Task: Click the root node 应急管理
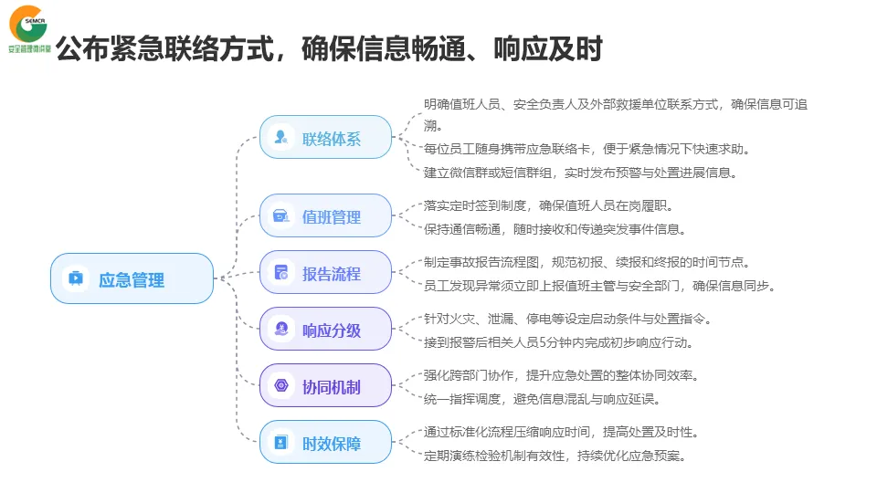pyautogui.click(x=132, y=278)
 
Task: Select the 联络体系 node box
pyautogui.click(x=325, y=138)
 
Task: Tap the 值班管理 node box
pyautogui.click(x=325, y=216)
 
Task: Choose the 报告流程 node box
pyautogui.click(x=325, y=273)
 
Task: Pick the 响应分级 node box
pyautogui.click(x=325, y=330)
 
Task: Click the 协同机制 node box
pyautogui.click(x=325, y=386)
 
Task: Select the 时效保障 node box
pyautogui.click(x=325, y=443)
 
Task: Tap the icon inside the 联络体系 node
pyautogui.click(x=281, y=138)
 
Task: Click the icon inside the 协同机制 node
pyautogui.click(x=281, y=386)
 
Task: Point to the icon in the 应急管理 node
pyautogui.click(x=76, y=278)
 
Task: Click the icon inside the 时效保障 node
pyautogui.click(x=281, y=443)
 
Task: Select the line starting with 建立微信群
pyautogui.click(x=580, y=172)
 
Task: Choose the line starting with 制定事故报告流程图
pyautogui.click(x=587, y=263)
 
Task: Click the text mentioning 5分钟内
pyautogui.click(x=558, y=342)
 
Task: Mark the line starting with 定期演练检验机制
pyautogui.click(x=555, y=456)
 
